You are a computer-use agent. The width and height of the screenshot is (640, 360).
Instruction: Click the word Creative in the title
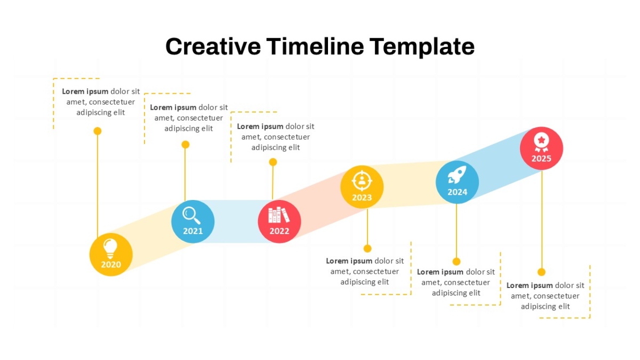coord(213,46)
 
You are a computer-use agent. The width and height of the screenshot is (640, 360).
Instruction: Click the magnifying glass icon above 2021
coord(191,215)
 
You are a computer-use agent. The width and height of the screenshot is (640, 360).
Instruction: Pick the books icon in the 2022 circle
coord(279,215)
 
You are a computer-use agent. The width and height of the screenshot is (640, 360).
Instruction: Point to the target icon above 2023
coord(362,181)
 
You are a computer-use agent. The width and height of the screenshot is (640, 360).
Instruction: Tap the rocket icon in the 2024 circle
coord(457,174)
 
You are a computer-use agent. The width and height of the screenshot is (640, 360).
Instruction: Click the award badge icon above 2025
coord(541,142)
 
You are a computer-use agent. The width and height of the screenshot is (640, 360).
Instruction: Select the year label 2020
coord(111,265)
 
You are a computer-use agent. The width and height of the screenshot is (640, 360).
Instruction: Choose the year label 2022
coord(279,231)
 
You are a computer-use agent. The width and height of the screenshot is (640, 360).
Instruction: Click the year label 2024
coord(457,192)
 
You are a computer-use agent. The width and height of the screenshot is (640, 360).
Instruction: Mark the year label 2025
coord(541,158)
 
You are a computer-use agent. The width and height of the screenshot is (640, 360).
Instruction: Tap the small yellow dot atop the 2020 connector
coord(98,131)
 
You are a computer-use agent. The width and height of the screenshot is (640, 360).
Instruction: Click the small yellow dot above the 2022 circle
coord(273,162)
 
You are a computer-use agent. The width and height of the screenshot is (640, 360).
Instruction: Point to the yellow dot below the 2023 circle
coord(367,249)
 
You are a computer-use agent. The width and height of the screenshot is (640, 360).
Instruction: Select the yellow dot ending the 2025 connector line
coord(541,272)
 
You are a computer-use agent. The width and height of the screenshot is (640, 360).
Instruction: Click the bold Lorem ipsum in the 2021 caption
coord(173,108)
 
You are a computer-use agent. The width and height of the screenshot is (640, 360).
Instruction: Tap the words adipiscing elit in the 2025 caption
coord(545,307)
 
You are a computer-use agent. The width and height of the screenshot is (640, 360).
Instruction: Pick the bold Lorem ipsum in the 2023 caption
coord(349,261)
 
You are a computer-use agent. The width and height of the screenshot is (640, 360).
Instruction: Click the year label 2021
coord(193,231)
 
